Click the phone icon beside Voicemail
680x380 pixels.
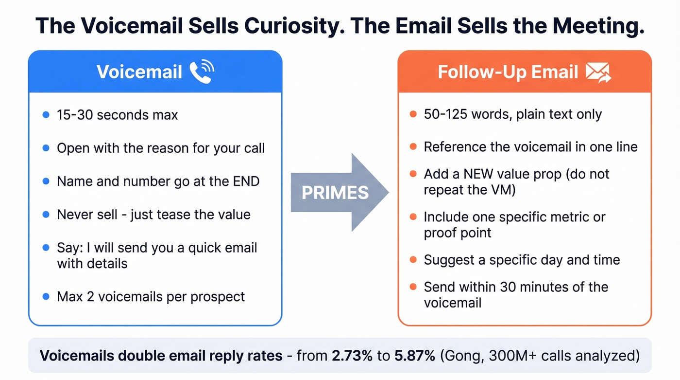tap(201, 72)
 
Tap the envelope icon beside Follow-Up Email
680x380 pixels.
tap(598, 72)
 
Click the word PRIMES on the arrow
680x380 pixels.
tap(335, 193)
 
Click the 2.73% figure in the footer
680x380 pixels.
tap(352, 355)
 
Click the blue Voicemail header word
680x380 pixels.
tap(139, 72)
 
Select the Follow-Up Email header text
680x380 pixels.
tap(508, 72)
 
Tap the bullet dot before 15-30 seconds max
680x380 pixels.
tap(46, 115)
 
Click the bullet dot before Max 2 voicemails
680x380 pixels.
tap(46, 296)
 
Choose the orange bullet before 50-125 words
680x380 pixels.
tap(413, 115)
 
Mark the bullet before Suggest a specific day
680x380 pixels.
tap(413, 259)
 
